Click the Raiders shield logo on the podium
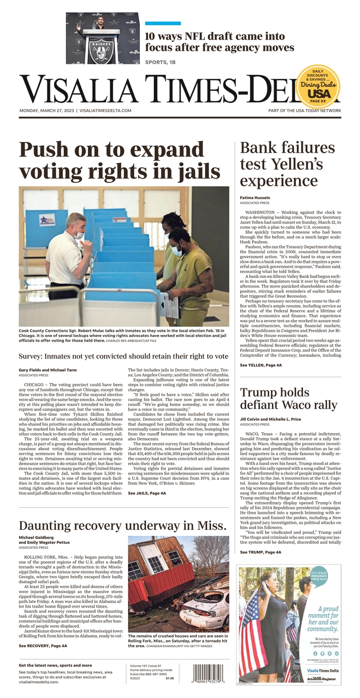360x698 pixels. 102,49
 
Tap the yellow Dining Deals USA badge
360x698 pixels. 318,87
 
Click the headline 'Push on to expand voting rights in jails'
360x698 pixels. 120,160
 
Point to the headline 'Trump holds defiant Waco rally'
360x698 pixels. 289,398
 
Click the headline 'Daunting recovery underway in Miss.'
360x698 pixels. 122,525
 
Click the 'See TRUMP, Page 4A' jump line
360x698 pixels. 260,552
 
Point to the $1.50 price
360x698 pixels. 170,678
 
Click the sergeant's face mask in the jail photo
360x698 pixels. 79,236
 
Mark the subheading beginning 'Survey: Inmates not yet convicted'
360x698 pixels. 123,356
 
